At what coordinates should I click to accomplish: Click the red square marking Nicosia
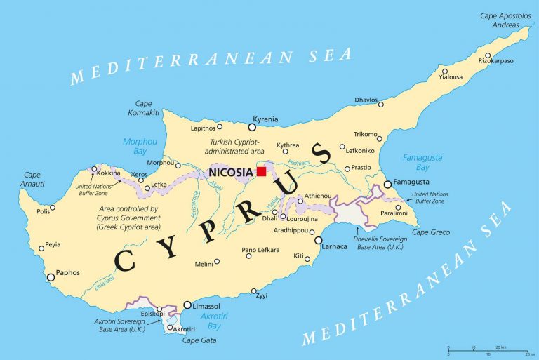click(x=262, y=171)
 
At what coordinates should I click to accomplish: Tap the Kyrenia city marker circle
click(x=253, y=127)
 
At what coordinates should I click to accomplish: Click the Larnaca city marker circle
click(x=319, y=240)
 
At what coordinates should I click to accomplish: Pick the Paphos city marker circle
click(x=51, y=278)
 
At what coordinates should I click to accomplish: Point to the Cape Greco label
click(x=430, y=232)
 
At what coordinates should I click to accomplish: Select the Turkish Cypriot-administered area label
click(x=235, y=146)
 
